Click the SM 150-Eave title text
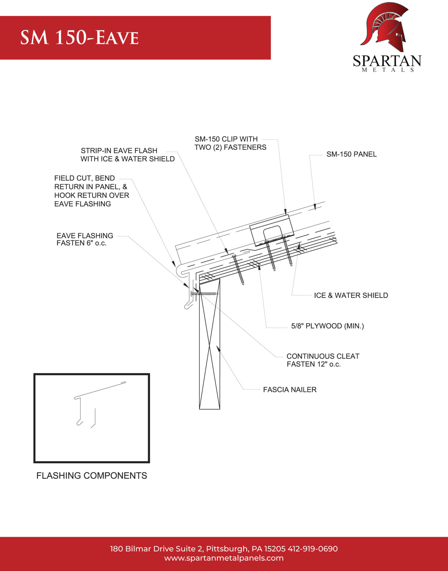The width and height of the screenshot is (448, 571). pos(79,37)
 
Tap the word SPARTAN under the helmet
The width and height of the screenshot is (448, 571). pos(387,61)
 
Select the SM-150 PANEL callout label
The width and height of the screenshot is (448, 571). pos(351,154)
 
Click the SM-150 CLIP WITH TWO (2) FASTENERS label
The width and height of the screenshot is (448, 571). pos(230,143)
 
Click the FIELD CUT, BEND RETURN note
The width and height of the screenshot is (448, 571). pos(91,191)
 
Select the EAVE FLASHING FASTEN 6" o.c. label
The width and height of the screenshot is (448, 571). pos(85,239)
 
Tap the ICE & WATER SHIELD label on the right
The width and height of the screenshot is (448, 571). pos(351,295)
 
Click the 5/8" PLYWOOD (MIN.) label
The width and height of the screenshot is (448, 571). pos(327,326)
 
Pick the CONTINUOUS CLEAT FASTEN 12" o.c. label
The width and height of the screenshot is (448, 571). pos(323,360)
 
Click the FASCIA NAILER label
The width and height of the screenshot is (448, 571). pos(290,389)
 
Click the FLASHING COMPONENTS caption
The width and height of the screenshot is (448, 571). pos(92,475)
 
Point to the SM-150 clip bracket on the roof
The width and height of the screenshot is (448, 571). pos(272,230)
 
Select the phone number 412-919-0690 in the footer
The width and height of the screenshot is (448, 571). pos(313,549)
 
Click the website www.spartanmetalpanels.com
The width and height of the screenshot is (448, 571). pos(224,558)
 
